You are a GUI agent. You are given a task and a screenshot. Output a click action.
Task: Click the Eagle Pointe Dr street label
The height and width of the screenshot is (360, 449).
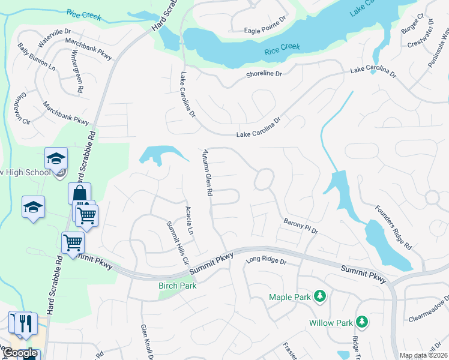tap(267, 31)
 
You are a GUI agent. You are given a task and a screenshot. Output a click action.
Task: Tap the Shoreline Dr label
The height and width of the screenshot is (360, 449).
tap(264, 74)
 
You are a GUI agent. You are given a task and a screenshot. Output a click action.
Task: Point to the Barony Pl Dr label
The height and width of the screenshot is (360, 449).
tap(300, 226)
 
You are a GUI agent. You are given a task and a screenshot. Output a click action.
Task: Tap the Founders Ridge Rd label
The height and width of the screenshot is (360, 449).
tap(393, 228)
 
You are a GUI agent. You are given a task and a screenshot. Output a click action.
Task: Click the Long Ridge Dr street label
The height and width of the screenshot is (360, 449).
tap(266, 261)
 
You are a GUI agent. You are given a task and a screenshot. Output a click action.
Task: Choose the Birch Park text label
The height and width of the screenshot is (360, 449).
tap(177, 286)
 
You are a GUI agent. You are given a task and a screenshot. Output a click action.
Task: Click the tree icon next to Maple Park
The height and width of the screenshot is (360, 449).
tap(321, 296)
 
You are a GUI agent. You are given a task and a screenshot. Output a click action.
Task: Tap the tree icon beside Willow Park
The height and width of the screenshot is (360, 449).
tap(362, 322)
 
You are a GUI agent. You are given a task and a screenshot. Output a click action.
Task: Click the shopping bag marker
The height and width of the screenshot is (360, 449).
tap(79, 194)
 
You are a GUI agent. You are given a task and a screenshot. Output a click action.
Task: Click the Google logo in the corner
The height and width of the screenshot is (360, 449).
tap(20, 353)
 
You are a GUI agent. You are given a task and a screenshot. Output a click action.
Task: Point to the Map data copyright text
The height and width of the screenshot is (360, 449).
tap(423, 355)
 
